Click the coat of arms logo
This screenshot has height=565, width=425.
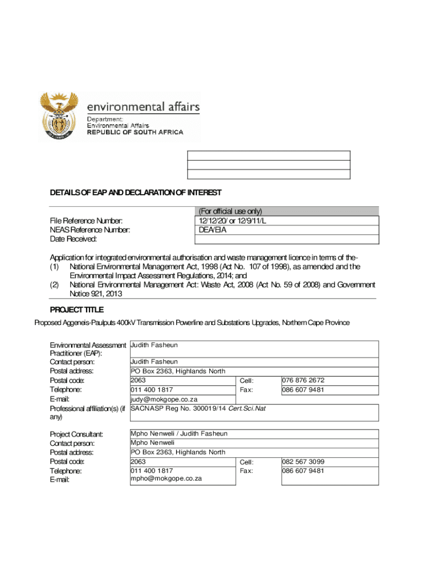pyautogui.click(x=59, y=116)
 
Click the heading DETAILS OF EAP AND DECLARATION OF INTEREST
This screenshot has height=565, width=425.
pyautogui.click(x=136, y=193)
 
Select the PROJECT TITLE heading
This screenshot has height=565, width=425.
pyautogui.click(x=77, y=310)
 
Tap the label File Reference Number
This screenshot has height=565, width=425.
pyautogui.click(x=86, y=221)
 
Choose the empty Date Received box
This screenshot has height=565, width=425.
pyautogui.click(x=284, y=239)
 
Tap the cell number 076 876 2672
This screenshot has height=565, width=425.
pyautogui.click(x=303, y=380)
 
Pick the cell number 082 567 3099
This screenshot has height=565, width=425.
pyautogui.click(x=303, y=461)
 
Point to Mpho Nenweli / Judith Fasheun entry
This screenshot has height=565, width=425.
pyautogui.click(x=179, y=434)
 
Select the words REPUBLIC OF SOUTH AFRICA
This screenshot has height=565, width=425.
pyautogui.click(x=136, y=132)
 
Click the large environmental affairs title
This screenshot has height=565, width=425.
pyautogui.click(x=144, y=106)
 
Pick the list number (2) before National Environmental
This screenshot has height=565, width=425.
pyautogui.click(x=54, y=285)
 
